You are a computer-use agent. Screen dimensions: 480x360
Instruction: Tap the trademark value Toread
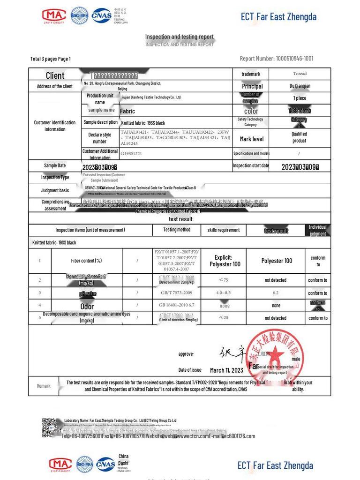click(x=300, y=74)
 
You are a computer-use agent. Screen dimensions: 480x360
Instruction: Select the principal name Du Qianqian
click(x=300, y=86)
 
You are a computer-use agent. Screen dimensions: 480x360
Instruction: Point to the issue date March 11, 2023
click(x=226, y=370)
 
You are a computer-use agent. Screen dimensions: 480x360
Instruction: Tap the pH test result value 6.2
click(x=276, y=293)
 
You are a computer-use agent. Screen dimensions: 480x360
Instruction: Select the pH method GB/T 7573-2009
click(x=176, y=293)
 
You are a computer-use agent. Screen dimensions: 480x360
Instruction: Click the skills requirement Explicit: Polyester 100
click(x=224, y=261)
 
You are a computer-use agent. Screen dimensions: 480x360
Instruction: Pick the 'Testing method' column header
click(x=177, y=230)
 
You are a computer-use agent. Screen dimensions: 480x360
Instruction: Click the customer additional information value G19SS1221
click(x=132, y=153)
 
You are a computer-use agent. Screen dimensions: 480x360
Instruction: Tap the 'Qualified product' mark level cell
click(x=299, y=137)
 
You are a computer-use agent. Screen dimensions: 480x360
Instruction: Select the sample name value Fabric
click(x=127, y=111)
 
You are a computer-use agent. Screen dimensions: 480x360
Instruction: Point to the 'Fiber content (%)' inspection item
click(x=86, y=261)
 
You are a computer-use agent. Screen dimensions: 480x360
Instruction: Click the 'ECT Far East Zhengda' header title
click(x=278, y=17)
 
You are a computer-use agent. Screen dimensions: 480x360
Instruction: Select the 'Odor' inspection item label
click(x=87, y=306)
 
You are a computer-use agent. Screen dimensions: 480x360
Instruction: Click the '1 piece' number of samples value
click(x=300, y=98)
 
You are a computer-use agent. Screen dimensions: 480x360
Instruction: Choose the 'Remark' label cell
click(x=44, y=386)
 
